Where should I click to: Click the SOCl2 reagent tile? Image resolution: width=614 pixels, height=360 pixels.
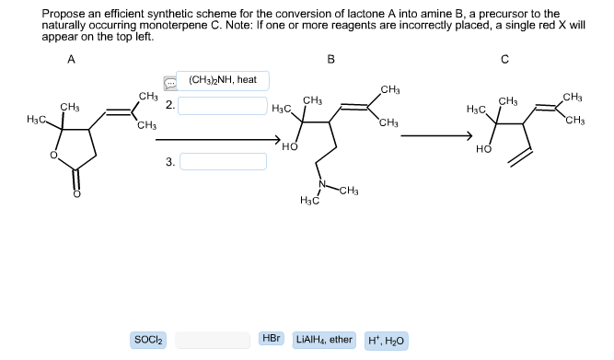150,340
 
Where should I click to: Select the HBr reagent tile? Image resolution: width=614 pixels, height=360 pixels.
272,340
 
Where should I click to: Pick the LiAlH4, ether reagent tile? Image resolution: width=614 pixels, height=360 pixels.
324,340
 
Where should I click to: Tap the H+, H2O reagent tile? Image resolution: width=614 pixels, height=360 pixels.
388,341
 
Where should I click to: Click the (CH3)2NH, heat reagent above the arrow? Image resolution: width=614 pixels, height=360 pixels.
222,80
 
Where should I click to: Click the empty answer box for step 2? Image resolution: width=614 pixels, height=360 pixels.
222,106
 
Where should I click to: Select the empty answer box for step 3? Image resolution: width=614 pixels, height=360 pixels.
222,163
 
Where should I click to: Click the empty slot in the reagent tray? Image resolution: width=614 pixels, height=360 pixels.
213,340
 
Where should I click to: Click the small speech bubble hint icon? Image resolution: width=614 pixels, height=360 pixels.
168,81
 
